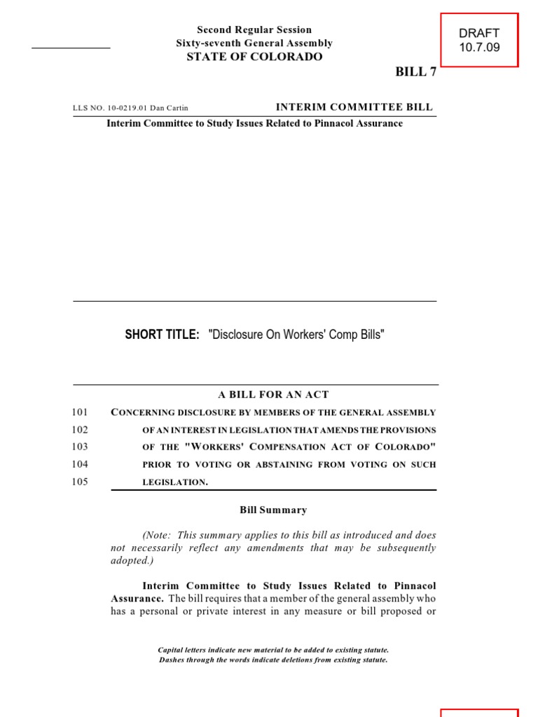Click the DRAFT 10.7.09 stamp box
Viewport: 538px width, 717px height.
pos(479,40)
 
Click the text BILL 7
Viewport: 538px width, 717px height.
pos(415,73)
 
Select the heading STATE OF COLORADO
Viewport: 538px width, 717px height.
pos(254,57)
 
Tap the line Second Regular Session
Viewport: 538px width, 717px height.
pos(254,29)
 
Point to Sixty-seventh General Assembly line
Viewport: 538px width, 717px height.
pos(254,43)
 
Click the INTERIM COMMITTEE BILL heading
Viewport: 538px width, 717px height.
pos(354,107)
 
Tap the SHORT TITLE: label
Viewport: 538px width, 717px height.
pos(163,335)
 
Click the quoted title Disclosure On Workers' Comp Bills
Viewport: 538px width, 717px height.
pos(296,335)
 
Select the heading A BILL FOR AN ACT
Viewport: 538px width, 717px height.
pos(268,395)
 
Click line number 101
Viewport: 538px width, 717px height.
pos(80,412)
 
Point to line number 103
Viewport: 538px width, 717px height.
pos(80,447)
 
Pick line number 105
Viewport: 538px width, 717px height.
pos(80,482)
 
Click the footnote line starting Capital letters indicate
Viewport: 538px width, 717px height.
pos(273,650)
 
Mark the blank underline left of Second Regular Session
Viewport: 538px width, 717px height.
pos(71,47)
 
